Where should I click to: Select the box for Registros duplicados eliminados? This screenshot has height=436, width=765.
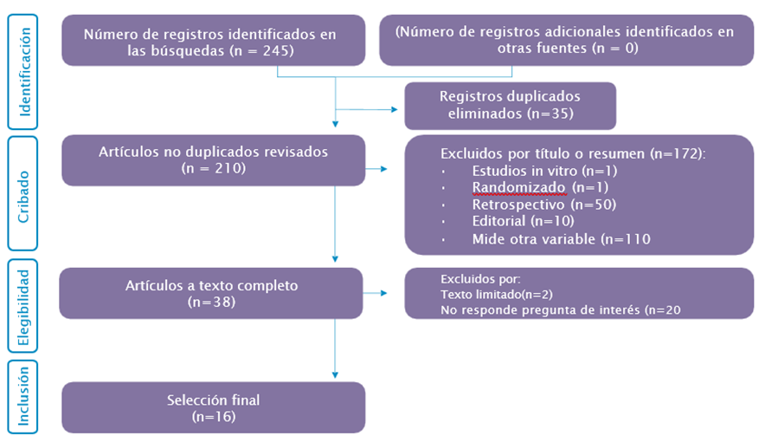pyautogui.click(x=510, y=105)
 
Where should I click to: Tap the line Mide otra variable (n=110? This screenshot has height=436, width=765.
pyautogui.click(x=561, y=239)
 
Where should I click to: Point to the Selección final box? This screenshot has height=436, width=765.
pyautogui.click(x=213, y=407)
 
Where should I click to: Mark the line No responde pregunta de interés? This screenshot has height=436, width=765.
pyautogui.click(x=551, y=310)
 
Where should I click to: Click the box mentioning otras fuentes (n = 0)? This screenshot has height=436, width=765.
pyautogui.click(x=567, y=41)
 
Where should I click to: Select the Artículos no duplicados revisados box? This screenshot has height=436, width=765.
pyautogui.click(x=213, y=159)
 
